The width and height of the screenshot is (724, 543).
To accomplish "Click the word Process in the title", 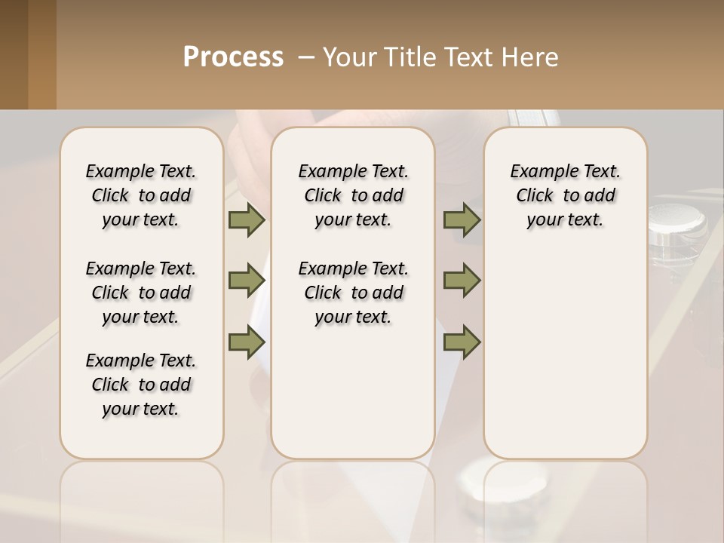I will point(233,57).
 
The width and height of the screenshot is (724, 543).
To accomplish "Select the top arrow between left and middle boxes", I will point(247,220).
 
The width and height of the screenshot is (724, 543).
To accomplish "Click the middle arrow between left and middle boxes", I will point(247,281).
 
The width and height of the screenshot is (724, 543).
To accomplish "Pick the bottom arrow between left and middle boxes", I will point(247,342).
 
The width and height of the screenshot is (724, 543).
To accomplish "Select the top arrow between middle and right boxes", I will point(462,220).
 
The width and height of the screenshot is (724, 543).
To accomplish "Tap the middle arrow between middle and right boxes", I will point(462,281).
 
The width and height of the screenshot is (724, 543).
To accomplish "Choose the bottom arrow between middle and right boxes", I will point(462,342).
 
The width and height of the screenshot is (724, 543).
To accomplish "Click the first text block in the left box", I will point(141,195).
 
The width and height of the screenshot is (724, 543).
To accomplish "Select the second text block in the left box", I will point(141,293).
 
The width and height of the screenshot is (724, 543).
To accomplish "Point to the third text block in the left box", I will point(141,385).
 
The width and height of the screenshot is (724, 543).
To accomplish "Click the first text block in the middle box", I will point(353,195).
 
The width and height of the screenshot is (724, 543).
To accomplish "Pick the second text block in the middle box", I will point(353,293).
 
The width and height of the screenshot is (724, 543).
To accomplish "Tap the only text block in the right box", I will point(565,195).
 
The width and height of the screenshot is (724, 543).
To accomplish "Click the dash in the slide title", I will point(306,57).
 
